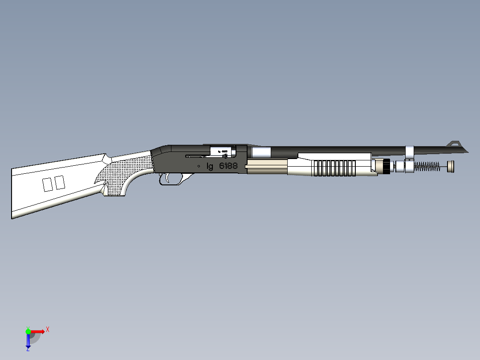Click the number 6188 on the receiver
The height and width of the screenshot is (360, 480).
click(x=228, y=166)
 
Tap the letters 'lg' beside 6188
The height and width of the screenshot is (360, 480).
click(x=210, y=167)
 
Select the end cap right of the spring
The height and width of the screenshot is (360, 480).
click(x=451, y=166)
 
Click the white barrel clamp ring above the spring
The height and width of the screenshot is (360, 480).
click(x=409, y=152)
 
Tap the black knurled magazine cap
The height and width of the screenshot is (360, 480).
click(x=386, y=166)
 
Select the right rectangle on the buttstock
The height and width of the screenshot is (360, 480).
click(x=60, y=182)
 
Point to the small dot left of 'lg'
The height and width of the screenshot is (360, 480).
click(x=198, y=166)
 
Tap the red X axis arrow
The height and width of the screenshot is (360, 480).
click(x=39, y=331)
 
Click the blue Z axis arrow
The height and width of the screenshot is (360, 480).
click(x=28, y=341)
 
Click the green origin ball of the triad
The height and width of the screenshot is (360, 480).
click(x=28, y=331)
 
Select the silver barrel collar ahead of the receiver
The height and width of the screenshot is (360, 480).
click(x=260, y=152)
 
